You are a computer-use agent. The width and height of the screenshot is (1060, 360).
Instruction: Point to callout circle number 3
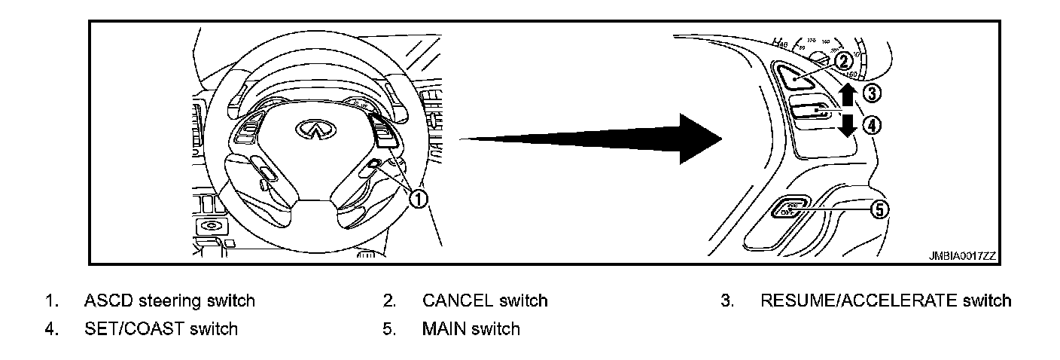[x=871, y=93]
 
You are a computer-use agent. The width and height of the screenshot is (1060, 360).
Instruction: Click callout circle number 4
[x=871, y=125]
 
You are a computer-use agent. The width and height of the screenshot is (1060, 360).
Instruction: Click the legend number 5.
[x=388, y=329]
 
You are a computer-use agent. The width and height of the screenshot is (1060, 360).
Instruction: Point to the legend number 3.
[x=726, y=301]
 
